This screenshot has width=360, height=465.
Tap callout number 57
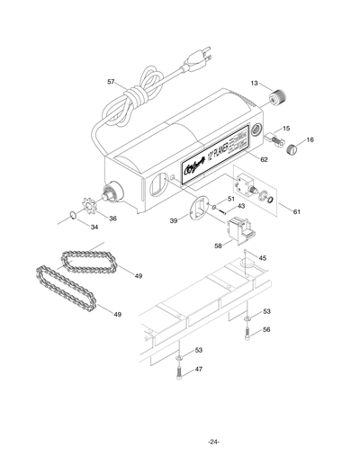(x=111, y=82)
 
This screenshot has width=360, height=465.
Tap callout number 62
(x=264, y=159)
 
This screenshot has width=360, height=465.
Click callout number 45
(x=262, y=258)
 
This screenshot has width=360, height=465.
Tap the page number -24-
(x=212, y=441)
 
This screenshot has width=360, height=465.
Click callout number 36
(x=112, y=218)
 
